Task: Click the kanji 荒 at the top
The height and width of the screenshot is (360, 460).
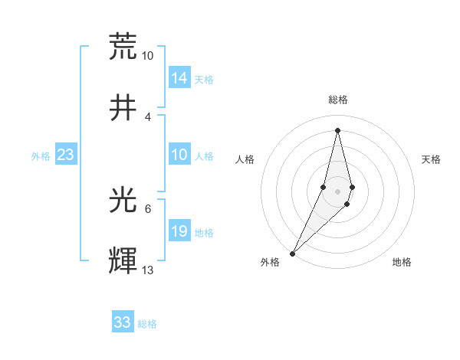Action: [123, 46]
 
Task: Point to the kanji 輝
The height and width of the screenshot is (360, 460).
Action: [123, 261]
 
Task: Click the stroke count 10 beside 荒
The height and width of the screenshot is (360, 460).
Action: [148, 56]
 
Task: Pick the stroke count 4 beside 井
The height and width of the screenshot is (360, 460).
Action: [148, 116]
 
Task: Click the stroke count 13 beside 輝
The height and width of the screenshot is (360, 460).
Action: [148, 270]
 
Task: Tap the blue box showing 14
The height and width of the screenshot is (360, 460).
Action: [179, 78]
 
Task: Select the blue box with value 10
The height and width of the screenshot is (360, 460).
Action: [179, 155]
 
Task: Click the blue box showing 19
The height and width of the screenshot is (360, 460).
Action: [179, 232]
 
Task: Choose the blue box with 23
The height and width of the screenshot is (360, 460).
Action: [66, 155]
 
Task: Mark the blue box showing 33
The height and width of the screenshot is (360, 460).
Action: [123, 322]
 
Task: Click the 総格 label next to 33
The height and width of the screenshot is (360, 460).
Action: [147, 324]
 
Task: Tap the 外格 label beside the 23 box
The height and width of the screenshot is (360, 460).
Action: [41, 156]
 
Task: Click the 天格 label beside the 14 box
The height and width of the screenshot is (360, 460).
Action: [203, 79]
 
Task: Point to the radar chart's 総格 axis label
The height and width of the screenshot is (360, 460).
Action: [338, 100]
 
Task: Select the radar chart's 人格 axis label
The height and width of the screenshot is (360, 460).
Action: [245, 159]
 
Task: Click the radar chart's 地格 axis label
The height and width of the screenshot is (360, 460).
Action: [402, 262]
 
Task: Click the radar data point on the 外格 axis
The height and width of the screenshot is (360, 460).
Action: [293, 253]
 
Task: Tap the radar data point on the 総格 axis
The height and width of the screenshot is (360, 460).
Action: [338, 130]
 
